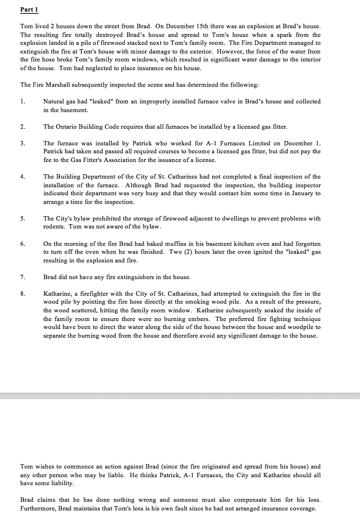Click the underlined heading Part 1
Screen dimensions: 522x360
click(29, 10)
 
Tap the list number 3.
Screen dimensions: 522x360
click(23, 143)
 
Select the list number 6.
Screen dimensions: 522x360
click(23, 244)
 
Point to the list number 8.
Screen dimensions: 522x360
click(23, 294)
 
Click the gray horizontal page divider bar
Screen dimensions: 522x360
click(180, 396)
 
